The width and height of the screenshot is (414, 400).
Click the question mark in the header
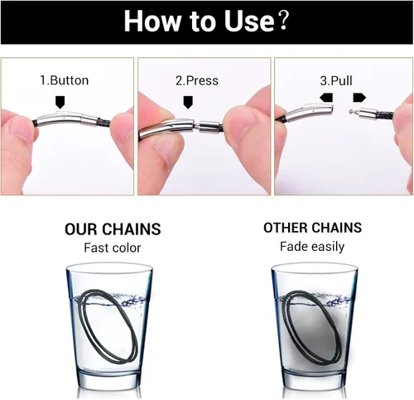pyautogui.click(x=282, y=21)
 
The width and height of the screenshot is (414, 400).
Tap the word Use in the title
pyautogui.click(x=249, y=21)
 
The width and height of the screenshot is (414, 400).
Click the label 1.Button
pyautogui.click(x=65, y=80)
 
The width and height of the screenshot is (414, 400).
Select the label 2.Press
pyautogui.click(x=197, y=80)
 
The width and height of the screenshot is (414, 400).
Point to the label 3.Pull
pyautogui.click(x=336, y=80)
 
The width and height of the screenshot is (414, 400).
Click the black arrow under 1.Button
pyautogui.click(x=60, y=102)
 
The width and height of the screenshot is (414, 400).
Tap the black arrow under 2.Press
pyautogui.click(x=188, y=102)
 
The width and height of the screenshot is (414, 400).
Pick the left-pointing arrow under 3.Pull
pyautogui.click(x=326, y=98)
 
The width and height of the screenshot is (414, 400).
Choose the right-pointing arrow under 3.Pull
pyautogui.click(x=359, y=98)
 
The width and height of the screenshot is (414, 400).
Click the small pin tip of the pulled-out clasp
pyautogui.click(x=351, y=112)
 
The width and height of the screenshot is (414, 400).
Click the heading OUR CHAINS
pyautogui.click(x=113, y=229)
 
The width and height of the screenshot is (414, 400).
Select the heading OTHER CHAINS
pyautogui.click(x=312, y=228)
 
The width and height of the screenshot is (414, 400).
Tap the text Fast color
pyautogui.click(x=113, y=248)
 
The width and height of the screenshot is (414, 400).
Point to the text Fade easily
pyautogui.click(x=312, y=247)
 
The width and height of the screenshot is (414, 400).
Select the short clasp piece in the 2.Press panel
pyautogui.click(x=209, y=127)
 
